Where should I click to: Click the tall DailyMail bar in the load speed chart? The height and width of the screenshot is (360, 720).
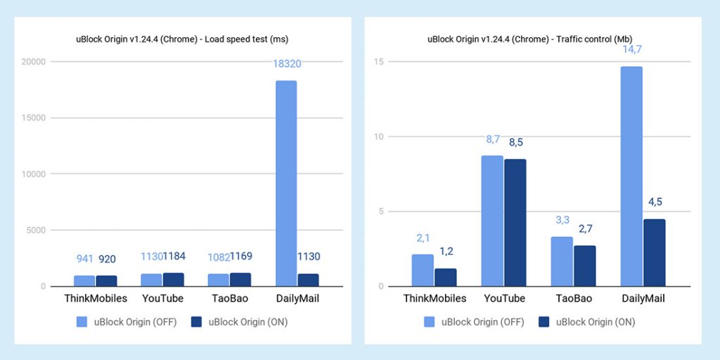[x=285, y=184]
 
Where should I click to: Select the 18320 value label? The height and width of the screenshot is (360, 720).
[x=286, y=63]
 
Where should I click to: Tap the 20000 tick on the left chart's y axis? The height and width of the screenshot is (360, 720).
[x=32, y=62]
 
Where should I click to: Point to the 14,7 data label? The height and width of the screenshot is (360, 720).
[x=631, y=49]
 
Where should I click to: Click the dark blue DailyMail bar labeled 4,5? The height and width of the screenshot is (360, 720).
[x=654, y=252]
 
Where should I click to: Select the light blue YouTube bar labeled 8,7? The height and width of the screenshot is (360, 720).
[x=491, y=221]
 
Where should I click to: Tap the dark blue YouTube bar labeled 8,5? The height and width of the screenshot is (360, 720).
[x=515, y=222]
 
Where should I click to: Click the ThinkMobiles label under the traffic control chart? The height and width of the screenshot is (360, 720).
[x=435, y=298]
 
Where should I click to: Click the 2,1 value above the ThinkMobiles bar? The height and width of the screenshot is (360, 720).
[x=423, y=239]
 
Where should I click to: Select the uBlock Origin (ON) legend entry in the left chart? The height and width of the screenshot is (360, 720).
[x=236, y=322]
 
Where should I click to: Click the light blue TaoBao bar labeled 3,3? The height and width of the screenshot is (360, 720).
[x=561, y=261]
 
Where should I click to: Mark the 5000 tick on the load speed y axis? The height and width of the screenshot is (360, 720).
[x=34, y=230]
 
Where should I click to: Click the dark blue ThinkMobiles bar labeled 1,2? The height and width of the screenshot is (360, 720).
[x=445, y=277]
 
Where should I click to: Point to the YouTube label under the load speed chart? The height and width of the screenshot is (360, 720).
[x=162, y=298]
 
